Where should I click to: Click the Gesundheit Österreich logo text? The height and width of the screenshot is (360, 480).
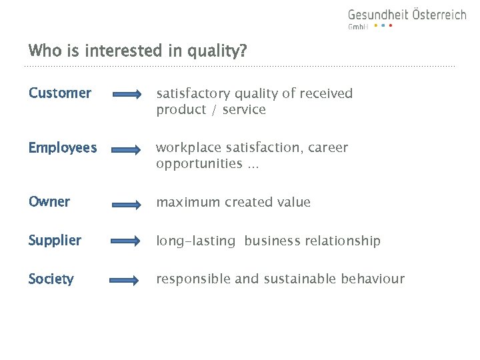click(x=407, y=15)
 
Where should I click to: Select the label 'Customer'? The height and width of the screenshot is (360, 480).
click(x=60, y=93)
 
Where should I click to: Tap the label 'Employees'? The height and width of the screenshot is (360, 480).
click(x=63, y=148)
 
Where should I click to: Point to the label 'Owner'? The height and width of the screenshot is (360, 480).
click(x=49, y=202)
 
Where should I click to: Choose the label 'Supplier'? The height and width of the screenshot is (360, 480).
click(x=55, y=241)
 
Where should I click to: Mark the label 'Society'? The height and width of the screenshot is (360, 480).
click(x=51, y=279)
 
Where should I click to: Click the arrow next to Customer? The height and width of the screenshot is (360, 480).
click(x=127, y=95)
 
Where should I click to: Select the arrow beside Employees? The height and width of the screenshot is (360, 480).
click(x=127, y=149)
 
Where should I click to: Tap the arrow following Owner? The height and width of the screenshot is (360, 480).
click(x=127, y=203)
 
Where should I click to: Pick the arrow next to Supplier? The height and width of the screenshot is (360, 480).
click(x=127, y=241)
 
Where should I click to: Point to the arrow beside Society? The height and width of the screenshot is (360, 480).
click(x=127, y=280)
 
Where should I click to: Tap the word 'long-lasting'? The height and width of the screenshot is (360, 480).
click(x=196, y=241)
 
